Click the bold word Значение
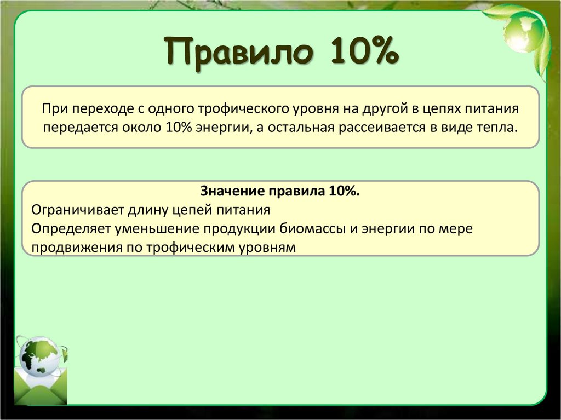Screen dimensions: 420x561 click(x=232, y=192)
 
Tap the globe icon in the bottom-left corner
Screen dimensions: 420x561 click(x=40, y=357)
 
